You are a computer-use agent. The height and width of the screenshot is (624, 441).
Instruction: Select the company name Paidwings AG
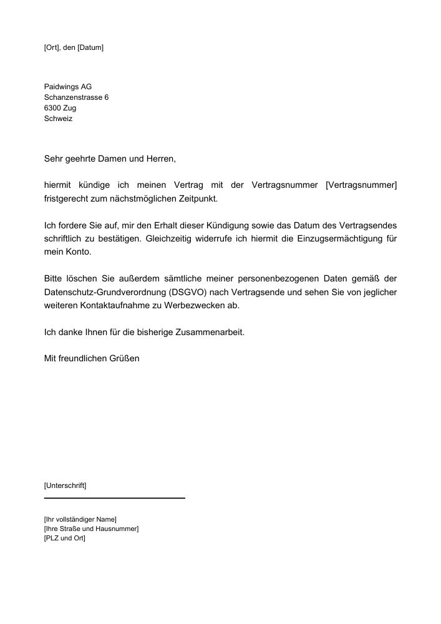[68, 87]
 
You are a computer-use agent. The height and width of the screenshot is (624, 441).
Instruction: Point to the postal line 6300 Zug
[61, 108]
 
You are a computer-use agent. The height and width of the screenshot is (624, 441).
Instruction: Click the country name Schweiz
[58, 119]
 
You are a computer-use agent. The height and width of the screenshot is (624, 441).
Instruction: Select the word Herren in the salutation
[161, 159]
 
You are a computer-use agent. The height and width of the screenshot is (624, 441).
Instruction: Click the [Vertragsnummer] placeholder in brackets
[361, 185]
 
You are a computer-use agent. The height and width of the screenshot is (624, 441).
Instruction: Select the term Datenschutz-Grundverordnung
[105, 292]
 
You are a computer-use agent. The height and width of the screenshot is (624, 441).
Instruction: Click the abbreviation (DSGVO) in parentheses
[191, 292]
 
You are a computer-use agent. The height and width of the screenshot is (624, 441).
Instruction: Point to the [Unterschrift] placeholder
[65, 485]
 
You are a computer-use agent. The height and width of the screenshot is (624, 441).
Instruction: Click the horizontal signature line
[115, 498]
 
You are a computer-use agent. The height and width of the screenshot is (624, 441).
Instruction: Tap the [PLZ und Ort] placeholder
[64, 539]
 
